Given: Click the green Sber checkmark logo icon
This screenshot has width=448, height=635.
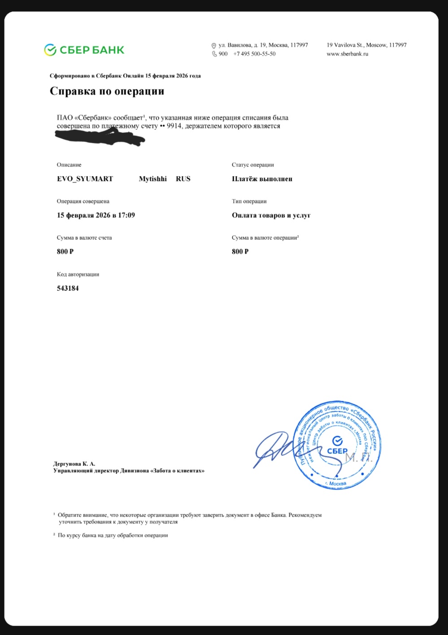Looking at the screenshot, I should [x=50, y=50].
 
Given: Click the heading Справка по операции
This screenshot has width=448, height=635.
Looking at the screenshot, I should [x=107, y=91].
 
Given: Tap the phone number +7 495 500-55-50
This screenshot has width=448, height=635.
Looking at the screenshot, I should [x=254, y=54].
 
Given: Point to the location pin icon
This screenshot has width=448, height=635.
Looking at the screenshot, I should [x=214, y=45].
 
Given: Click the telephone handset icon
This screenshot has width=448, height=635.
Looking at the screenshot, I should [x=214, y=54].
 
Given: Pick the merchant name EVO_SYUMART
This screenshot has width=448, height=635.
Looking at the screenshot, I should [x=85, y=179].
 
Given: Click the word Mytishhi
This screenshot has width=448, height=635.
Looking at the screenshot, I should [x=152, y=179].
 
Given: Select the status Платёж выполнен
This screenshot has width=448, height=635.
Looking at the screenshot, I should [x=262, y=179].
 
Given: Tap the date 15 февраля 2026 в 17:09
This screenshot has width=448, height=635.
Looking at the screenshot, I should [x=96, y=215].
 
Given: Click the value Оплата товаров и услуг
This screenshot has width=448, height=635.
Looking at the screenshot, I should [x=271, y=215].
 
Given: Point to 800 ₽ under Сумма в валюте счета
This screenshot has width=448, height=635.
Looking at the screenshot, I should [x=65, y=251].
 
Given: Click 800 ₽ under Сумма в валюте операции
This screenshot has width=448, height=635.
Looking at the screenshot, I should [x=240, y=251].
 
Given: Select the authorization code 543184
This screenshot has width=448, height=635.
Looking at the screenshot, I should [x=68, y=288].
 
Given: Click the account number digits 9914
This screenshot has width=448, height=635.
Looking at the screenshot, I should [x=174, y=126].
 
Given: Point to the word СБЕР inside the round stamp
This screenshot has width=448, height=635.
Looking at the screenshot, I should [x=337, y=451].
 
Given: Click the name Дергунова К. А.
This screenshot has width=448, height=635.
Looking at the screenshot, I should [x=74, y=464].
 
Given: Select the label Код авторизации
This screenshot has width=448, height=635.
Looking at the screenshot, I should [x=78, y=274].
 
